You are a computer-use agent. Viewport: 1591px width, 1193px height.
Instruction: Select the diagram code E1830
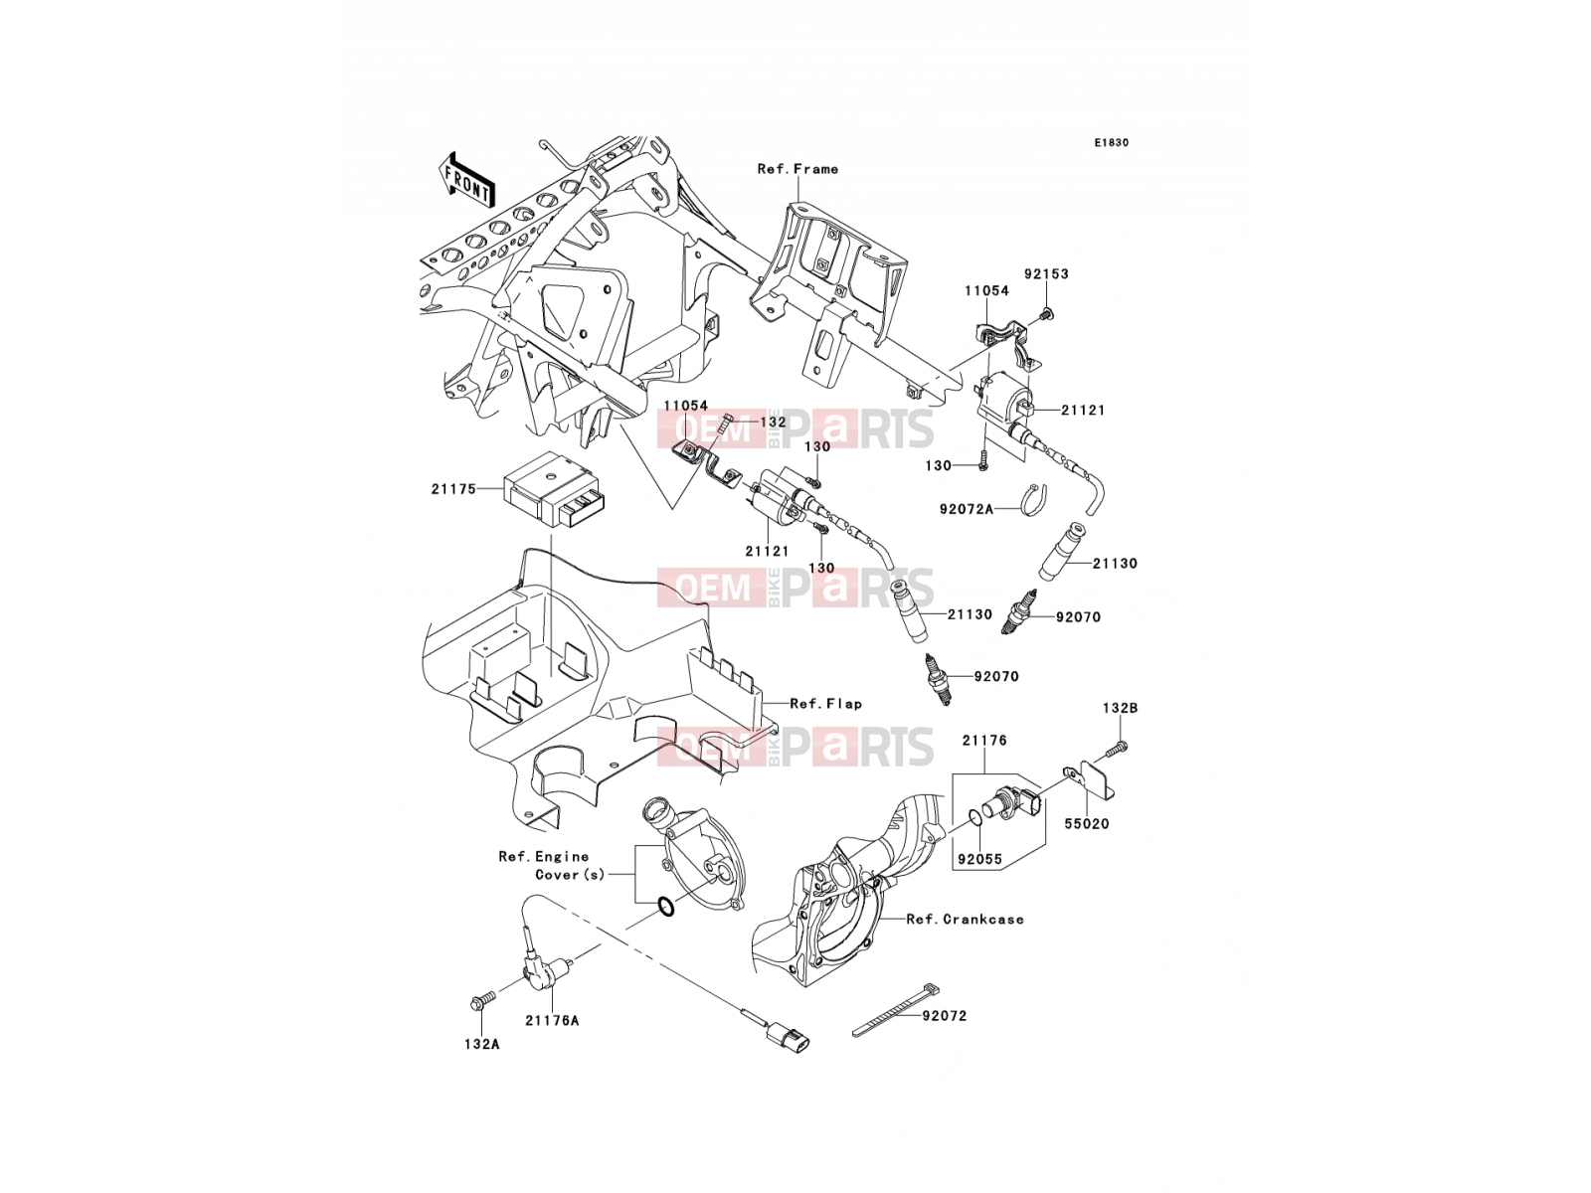tap(1111, 143)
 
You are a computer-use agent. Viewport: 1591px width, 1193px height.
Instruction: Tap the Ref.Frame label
tap(798, 169)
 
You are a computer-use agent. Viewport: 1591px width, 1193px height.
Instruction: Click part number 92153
tap(1046, 273)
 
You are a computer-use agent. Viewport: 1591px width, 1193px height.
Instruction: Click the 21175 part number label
tap(453, 489)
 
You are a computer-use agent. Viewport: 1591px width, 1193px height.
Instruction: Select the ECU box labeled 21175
tap(555, 489)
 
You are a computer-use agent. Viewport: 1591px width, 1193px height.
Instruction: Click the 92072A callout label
tap(967, 509)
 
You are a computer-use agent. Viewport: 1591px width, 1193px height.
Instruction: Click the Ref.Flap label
tap(826, 703)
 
